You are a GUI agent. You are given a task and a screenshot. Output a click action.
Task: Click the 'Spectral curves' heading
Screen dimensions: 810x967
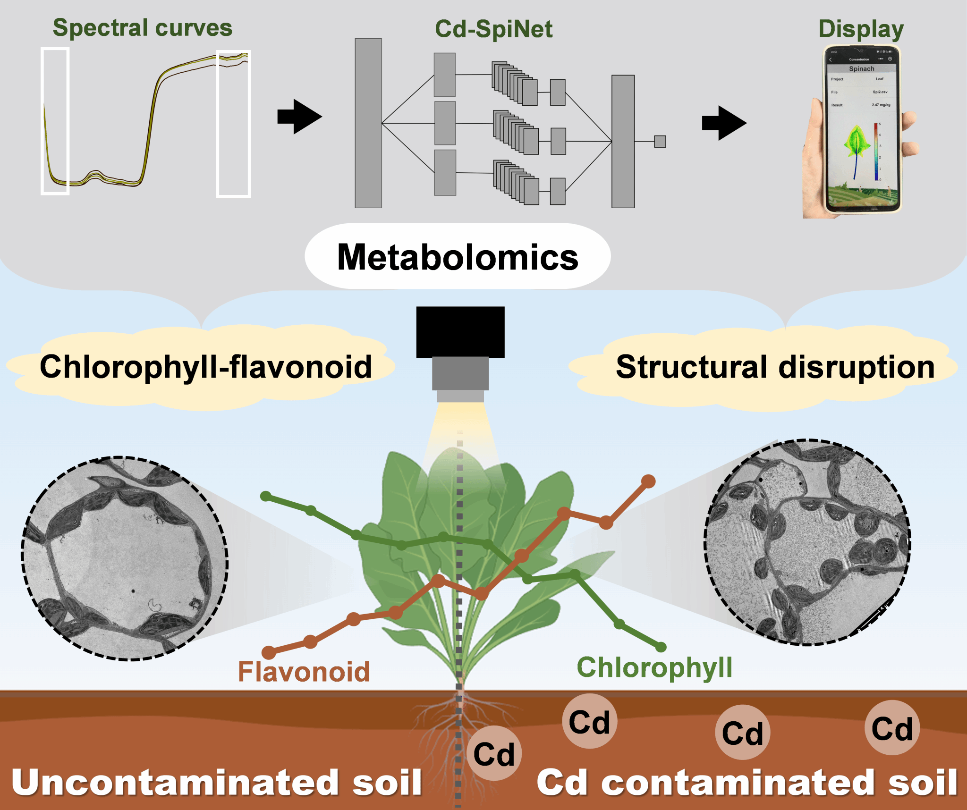tap(142, 28)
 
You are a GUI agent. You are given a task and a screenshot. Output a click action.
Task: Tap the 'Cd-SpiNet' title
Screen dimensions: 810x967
tap(493, 29)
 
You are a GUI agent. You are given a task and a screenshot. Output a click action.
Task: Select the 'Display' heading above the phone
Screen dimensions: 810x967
tap(861, 29)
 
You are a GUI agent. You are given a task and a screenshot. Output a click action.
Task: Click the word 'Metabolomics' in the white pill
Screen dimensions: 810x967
tap(458, 257)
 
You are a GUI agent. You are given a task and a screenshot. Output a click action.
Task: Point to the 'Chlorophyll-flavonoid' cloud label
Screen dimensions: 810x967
tap(206, 367)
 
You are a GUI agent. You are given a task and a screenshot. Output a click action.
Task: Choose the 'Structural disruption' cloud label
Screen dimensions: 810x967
tap(775, 367)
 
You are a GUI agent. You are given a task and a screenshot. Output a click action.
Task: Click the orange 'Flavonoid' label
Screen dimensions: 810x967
tap(304, 671)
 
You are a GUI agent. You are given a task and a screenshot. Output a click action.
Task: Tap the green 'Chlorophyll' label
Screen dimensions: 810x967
tap(654, 667)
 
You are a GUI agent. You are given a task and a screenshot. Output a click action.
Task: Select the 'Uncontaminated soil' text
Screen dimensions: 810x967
tap(216, 783)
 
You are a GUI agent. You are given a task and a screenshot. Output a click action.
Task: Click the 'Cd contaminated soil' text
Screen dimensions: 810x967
tap(747, 783)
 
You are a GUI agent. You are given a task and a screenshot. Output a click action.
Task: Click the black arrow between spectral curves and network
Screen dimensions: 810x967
tap(299, 117)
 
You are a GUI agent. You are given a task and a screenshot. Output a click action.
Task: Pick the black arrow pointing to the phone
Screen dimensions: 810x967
tap(724, 123)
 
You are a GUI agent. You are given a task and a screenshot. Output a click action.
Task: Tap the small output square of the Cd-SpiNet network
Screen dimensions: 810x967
tap(660, 141)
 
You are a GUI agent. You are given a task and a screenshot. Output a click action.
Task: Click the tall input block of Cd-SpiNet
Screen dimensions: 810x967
tap(368, 123)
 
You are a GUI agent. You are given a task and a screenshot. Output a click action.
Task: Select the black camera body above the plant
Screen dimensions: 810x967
tap(460, 332)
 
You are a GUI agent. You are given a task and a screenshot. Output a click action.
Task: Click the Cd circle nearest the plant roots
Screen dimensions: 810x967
tap(494, 753)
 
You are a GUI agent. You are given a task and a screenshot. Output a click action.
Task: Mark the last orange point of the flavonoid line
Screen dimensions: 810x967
tap(648, 481)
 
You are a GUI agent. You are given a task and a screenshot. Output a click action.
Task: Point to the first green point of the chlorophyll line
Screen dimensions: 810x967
tap(266, 496)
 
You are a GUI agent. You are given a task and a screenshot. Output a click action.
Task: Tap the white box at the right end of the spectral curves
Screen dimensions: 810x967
tap(233, 124)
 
